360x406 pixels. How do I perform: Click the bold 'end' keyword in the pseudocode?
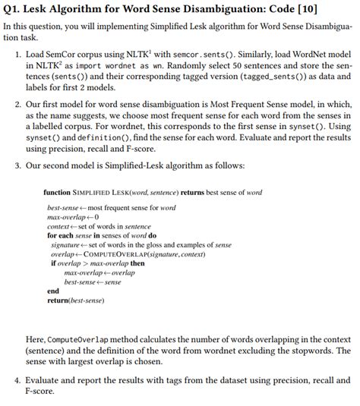(x=52, y=291)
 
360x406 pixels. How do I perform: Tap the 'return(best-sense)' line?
(x=76, y=301)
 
